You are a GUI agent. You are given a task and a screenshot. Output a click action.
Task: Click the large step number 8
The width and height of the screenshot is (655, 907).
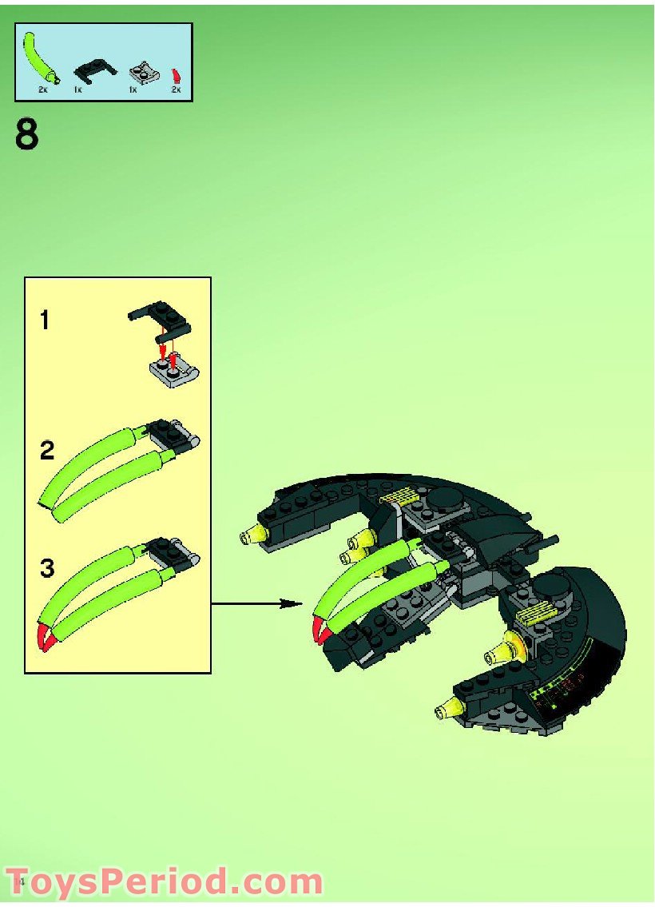click(26, 134)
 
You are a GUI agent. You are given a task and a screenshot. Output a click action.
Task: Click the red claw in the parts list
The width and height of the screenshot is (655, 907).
click(177, 75)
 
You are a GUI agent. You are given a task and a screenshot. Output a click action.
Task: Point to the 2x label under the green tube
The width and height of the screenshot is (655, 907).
click(42, 90)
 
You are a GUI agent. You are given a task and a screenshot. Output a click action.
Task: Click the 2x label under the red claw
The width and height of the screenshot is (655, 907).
click(176, 90)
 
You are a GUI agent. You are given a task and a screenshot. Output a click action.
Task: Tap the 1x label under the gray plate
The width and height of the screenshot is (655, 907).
click(133, 90)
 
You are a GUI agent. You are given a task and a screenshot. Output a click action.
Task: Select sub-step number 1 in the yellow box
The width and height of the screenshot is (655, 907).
click(45, 320)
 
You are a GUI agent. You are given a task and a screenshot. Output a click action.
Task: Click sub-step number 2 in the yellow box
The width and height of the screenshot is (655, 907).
click(47, 450)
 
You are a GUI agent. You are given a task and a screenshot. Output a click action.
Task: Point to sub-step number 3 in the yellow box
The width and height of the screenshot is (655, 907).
click(47, 567)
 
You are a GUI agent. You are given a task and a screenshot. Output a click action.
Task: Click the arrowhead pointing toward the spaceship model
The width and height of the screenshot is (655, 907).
click(292, 604)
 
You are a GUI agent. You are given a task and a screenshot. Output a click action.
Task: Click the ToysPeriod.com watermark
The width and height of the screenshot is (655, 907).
click(164, 882)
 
